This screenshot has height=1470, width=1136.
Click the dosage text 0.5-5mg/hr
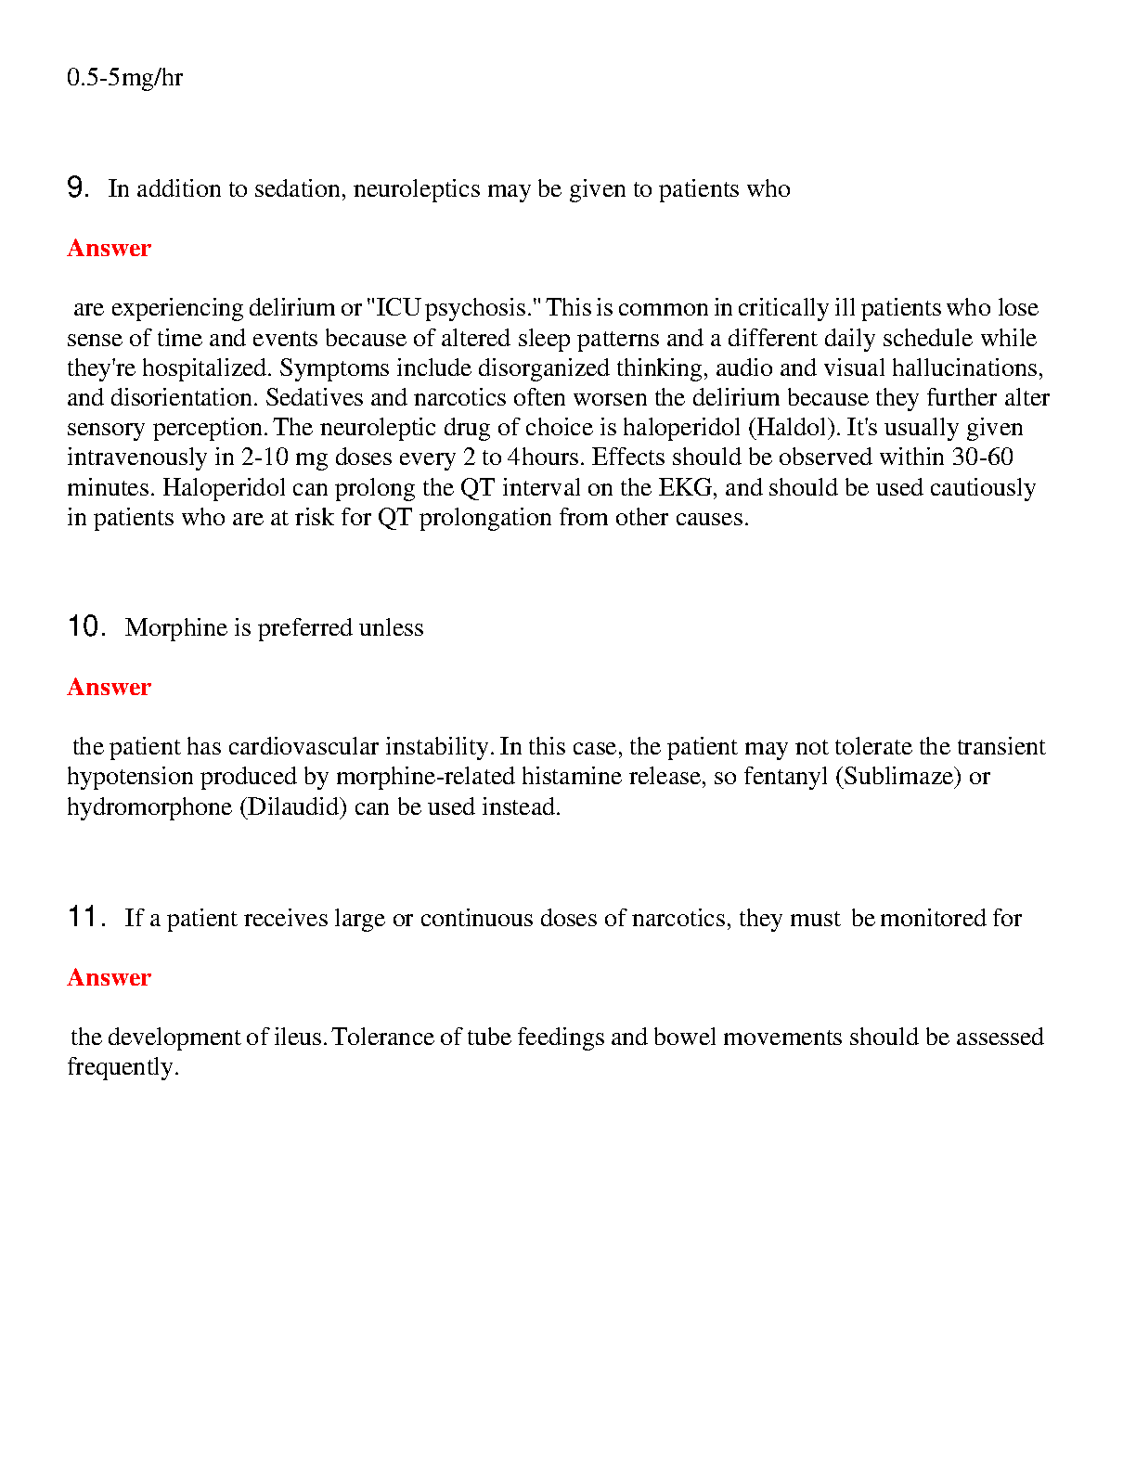124,77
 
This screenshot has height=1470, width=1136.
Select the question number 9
77,188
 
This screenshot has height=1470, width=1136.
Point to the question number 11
84,918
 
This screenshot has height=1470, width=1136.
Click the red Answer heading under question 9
109,249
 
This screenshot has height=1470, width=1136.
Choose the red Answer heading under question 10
109,688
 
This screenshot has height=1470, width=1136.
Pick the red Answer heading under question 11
109,978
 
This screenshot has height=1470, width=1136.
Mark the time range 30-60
982,458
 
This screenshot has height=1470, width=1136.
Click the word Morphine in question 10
176,628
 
